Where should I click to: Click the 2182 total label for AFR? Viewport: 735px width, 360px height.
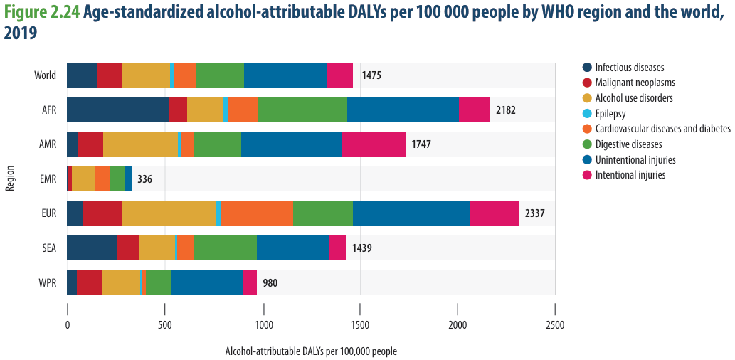[506, 110]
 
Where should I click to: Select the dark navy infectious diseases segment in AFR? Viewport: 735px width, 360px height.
[117, 110]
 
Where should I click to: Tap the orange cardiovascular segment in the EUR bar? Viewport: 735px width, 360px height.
[257, 213]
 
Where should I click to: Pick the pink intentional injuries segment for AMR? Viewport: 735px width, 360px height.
[374, 144]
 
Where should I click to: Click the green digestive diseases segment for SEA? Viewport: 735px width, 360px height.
[225, 248]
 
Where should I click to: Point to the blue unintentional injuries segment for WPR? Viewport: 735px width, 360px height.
[207, 282]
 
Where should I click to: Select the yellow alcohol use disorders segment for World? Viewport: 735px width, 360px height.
[147, 75]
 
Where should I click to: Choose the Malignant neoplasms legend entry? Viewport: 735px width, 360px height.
[628, 83]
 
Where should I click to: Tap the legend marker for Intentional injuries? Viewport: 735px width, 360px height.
[587, 175]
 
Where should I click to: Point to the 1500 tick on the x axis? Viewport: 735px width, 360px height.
[360, 310]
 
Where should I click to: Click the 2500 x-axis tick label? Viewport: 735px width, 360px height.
[555, 324]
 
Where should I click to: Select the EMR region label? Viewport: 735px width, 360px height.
[49, 179]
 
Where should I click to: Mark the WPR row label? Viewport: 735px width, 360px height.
[48, 282]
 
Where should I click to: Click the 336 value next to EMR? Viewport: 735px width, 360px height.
[145, 179]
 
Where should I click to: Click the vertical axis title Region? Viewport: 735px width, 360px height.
[9, 178]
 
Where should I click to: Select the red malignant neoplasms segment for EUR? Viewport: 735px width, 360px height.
[102, 213]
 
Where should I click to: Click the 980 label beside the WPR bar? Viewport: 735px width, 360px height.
[270, 283]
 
